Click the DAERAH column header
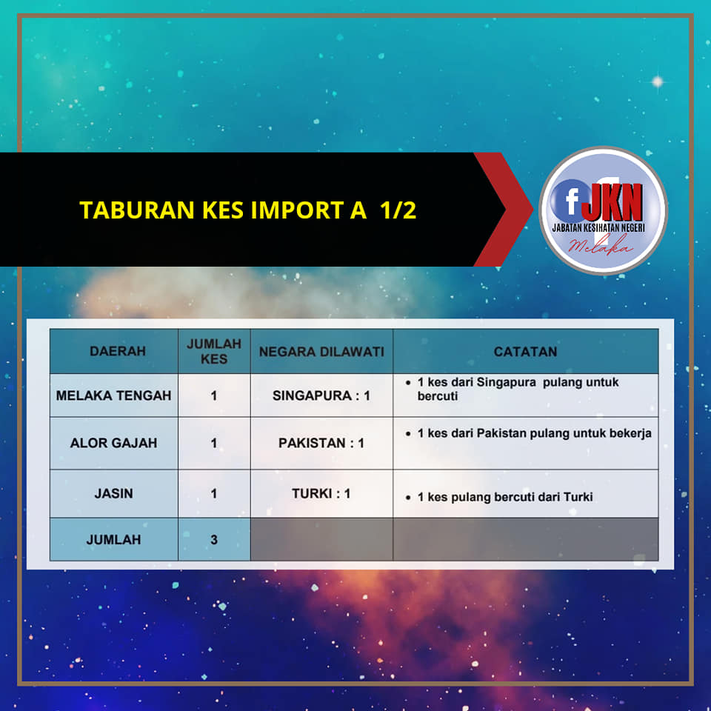(x=118, y=351)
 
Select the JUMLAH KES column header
(x=214, y=351)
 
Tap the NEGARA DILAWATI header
(x=321, y=352)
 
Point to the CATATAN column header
(x=525, y=352)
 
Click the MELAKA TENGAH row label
(x=114, y=395)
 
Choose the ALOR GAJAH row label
(x=114, y=443)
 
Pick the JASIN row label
(x=114, y=493)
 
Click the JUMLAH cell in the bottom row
(x=114, y=540)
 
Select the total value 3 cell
(x=214, y=540)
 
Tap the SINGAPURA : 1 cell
(x=321, y=395)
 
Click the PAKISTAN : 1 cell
(x=321, y=443)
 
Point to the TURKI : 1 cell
(x=321, y=493)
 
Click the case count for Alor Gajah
(x=214, y=443)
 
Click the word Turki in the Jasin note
(x=578, y=497)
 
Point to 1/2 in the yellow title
(x=398, y=210)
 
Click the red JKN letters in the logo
(x=612, y=201)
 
